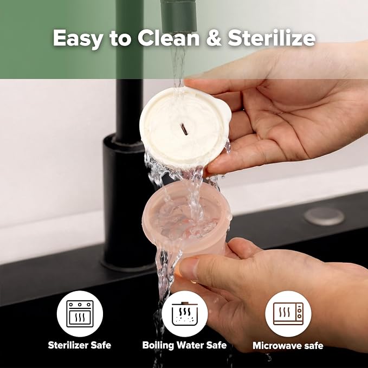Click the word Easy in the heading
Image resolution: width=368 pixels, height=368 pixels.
pos(78,38)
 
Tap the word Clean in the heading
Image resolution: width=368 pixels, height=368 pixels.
pos(169,37)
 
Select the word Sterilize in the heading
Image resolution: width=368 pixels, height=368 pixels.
pos(272,37)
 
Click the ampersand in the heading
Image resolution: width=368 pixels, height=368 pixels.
pos(214,38)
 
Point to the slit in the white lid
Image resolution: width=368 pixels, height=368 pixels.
pos(184,130)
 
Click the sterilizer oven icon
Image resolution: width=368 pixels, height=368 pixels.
pos(80,314)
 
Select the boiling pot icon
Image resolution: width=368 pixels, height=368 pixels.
pos(185,314)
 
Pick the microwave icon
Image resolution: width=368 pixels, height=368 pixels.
pos(288,314)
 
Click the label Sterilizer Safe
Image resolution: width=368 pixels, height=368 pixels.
pos(79,345)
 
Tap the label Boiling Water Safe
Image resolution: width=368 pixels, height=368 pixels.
pos(184,345)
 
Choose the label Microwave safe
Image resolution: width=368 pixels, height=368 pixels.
pos(288,345)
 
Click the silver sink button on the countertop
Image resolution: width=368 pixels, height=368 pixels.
pos(324,216)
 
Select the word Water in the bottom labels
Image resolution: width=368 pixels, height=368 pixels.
pos(190,345)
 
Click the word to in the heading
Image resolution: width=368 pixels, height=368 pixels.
pos(120,39)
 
